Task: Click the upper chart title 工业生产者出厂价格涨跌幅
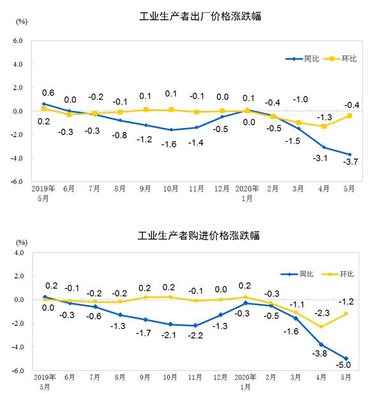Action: tap(200, 17)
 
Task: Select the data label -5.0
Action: tap(348, 365)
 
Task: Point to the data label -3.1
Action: tap(322, 158)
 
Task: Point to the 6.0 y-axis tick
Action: tap(17, 40)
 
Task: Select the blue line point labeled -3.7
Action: tap(348, 154)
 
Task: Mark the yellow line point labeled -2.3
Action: tap(322, 326)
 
